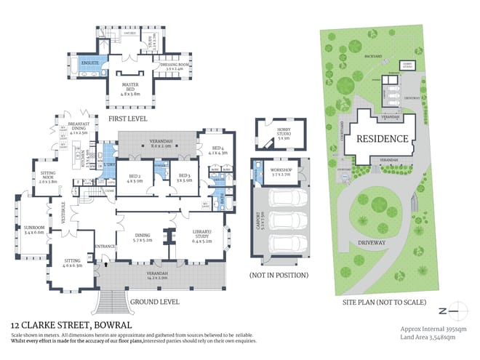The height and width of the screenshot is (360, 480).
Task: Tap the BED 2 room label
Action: pos(135,177)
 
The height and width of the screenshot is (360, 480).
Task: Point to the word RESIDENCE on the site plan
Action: pos(379,137)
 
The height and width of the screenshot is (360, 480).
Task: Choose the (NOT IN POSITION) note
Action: pos(279,276)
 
